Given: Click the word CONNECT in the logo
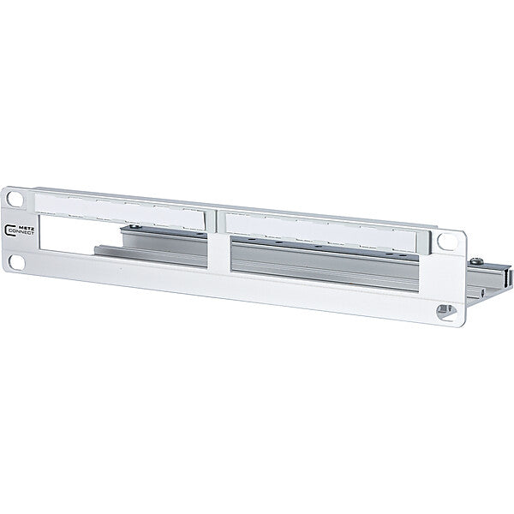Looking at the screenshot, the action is [x=22, y=232].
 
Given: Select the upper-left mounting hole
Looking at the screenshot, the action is [x=15, y=199].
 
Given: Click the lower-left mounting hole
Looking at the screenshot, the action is [x=17, y=262].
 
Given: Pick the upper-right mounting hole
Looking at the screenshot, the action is [x=447, y=242].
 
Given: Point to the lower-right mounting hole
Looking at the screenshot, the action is [x=445, y=311].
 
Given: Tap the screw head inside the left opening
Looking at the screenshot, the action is [x=135, y=226].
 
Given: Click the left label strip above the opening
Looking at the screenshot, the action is [x=120, y=211].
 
